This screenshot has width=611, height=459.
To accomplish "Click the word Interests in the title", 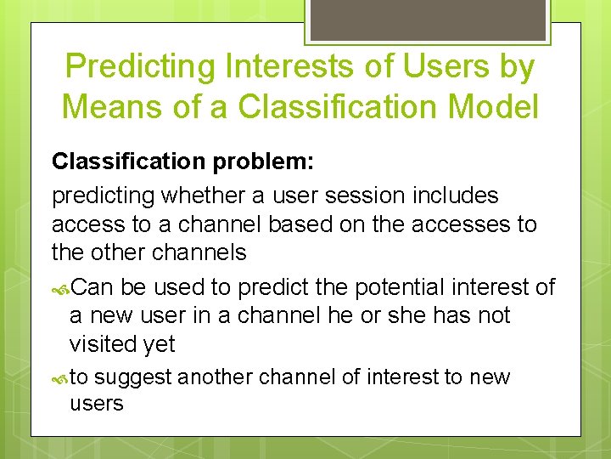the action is pos(289,65).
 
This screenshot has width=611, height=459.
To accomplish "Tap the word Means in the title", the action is pos(112,106).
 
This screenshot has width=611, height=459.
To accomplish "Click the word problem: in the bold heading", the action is pos(263,161).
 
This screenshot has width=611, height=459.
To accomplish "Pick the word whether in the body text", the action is pos(204,195).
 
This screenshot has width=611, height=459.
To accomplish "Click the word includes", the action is pos(456,195).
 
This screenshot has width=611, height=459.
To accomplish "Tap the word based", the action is pos(300,224).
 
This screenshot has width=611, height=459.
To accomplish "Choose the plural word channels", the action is pos(199,252).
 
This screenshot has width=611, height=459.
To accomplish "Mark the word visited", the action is pos(103,344).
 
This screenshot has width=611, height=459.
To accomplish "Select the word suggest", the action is pos(133,377).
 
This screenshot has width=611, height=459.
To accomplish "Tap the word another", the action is pos(215,377).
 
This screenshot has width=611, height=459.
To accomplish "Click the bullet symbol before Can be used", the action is pos(60,290).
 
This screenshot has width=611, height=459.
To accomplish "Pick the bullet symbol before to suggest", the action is pos(60,379).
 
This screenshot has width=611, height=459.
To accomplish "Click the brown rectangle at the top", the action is pos(428,20).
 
